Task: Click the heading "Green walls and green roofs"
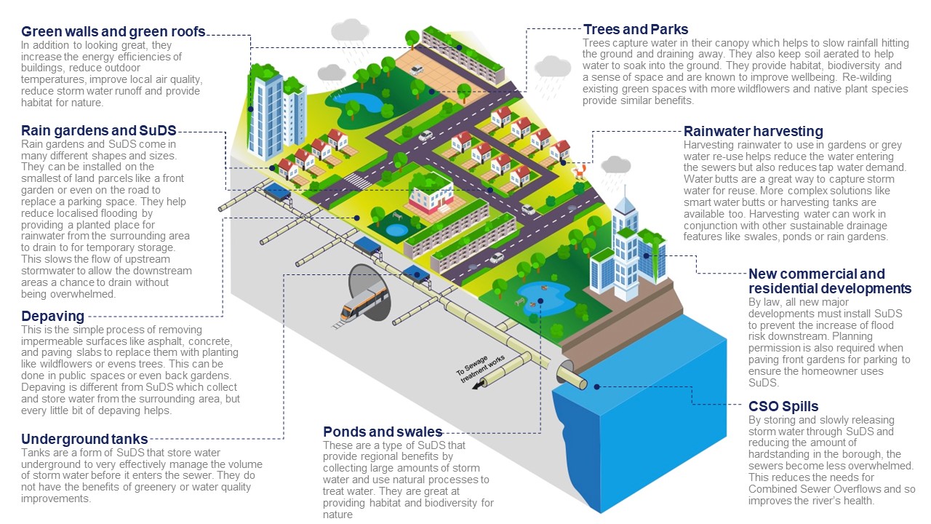tap(113, 31)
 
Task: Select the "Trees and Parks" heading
tap(635, 30)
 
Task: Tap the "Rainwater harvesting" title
tap(753, 132)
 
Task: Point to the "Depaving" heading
tap(52, 317)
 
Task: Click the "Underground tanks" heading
tap(84, 439)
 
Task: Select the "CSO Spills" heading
tap(783, 406)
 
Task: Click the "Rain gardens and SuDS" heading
tap(98, 131)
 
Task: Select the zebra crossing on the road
tap(354, 180)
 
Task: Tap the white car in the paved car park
tap(416, 71)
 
